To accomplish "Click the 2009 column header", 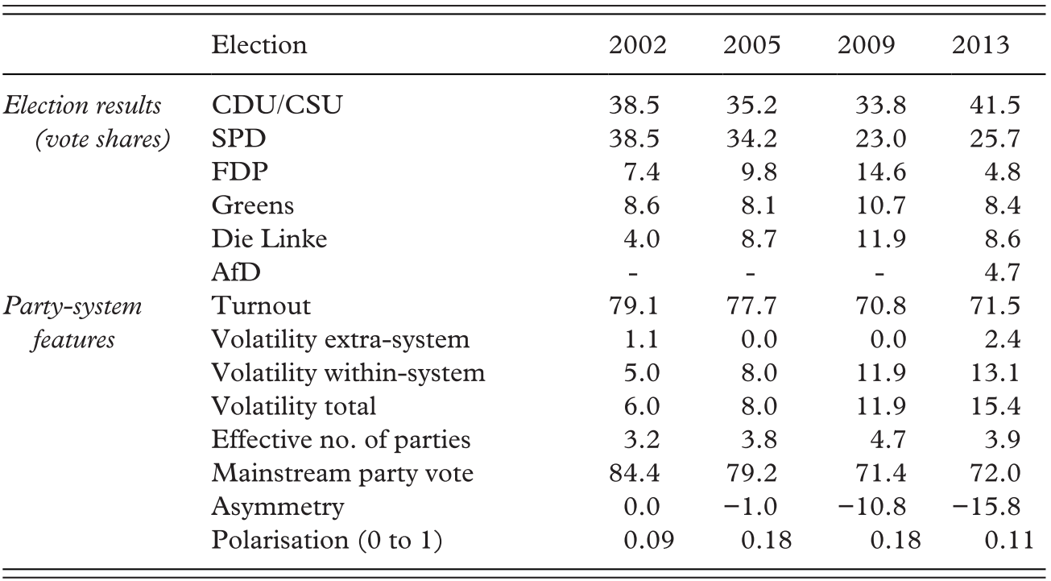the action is pyautogui.click(x=866, y=45).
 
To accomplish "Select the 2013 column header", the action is pyautogui.click(x=981, y=45).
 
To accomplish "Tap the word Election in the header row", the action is pyautogui.click(x=259, y=45).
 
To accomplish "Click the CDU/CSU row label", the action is pyautogui.click(x=277, y=105).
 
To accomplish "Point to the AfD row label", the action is pyautogui.click(x=236, y=272).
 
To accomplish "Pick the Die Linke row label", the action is pyautogui.click(x=269, y=239).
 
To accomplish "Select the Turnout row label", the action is pyautogui.click(x=261, y=306).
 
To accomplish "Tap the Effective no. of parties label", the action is pyautogui.click(x=341, y=440).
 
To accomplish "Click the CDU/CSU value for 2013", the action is pyautogui.click(x=995, y=105).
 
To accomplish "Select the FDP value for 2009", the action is pyautogui.click(x=881, y=172).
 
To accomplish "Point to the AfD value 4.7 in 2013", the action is pyautogui.click(x=1002, y=272).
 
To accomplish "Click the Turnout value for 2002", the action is pyautogui.click(x=635, y=306).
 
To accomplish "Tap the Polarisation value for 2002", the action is pyautogui.click(x=649, y=541).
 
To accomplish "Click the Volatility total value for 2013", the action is pyautogui.click(x=995, y=406).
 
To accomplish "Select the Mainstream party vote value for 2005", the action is pyautogui.click(x=751, y=474).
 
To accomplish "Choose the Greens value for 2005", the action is pyautogui.click(x=759, y=205).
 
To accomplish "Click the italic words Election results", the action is pyautogui.click(x=82, y=105).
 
